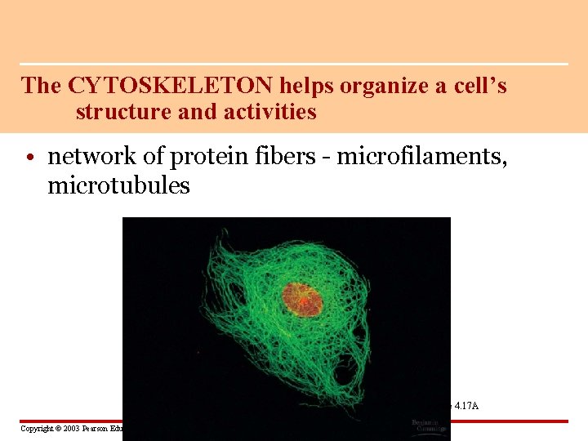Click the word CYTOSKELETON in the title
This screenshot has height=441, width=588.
point(171,86)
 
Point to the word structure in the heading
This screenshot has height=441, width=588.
point(123,112)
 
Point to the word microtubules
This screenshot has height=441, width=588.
point(118,186)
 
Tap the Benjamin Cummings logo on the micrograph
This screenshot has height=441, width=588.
point(428,425)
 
